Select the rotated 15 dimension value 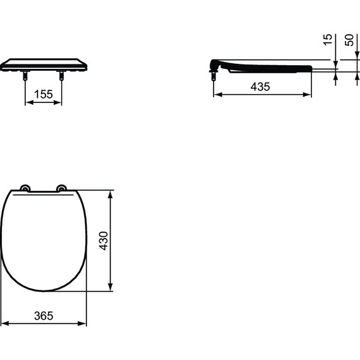point(327,40)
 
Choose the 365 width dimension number point(43,315)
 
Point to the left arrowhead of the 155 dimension point(28,102)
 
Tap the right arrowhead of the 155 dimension point(59,102)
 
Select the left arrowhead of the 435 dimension point(217,95)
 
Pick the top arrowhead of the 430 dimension point(111,193)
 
